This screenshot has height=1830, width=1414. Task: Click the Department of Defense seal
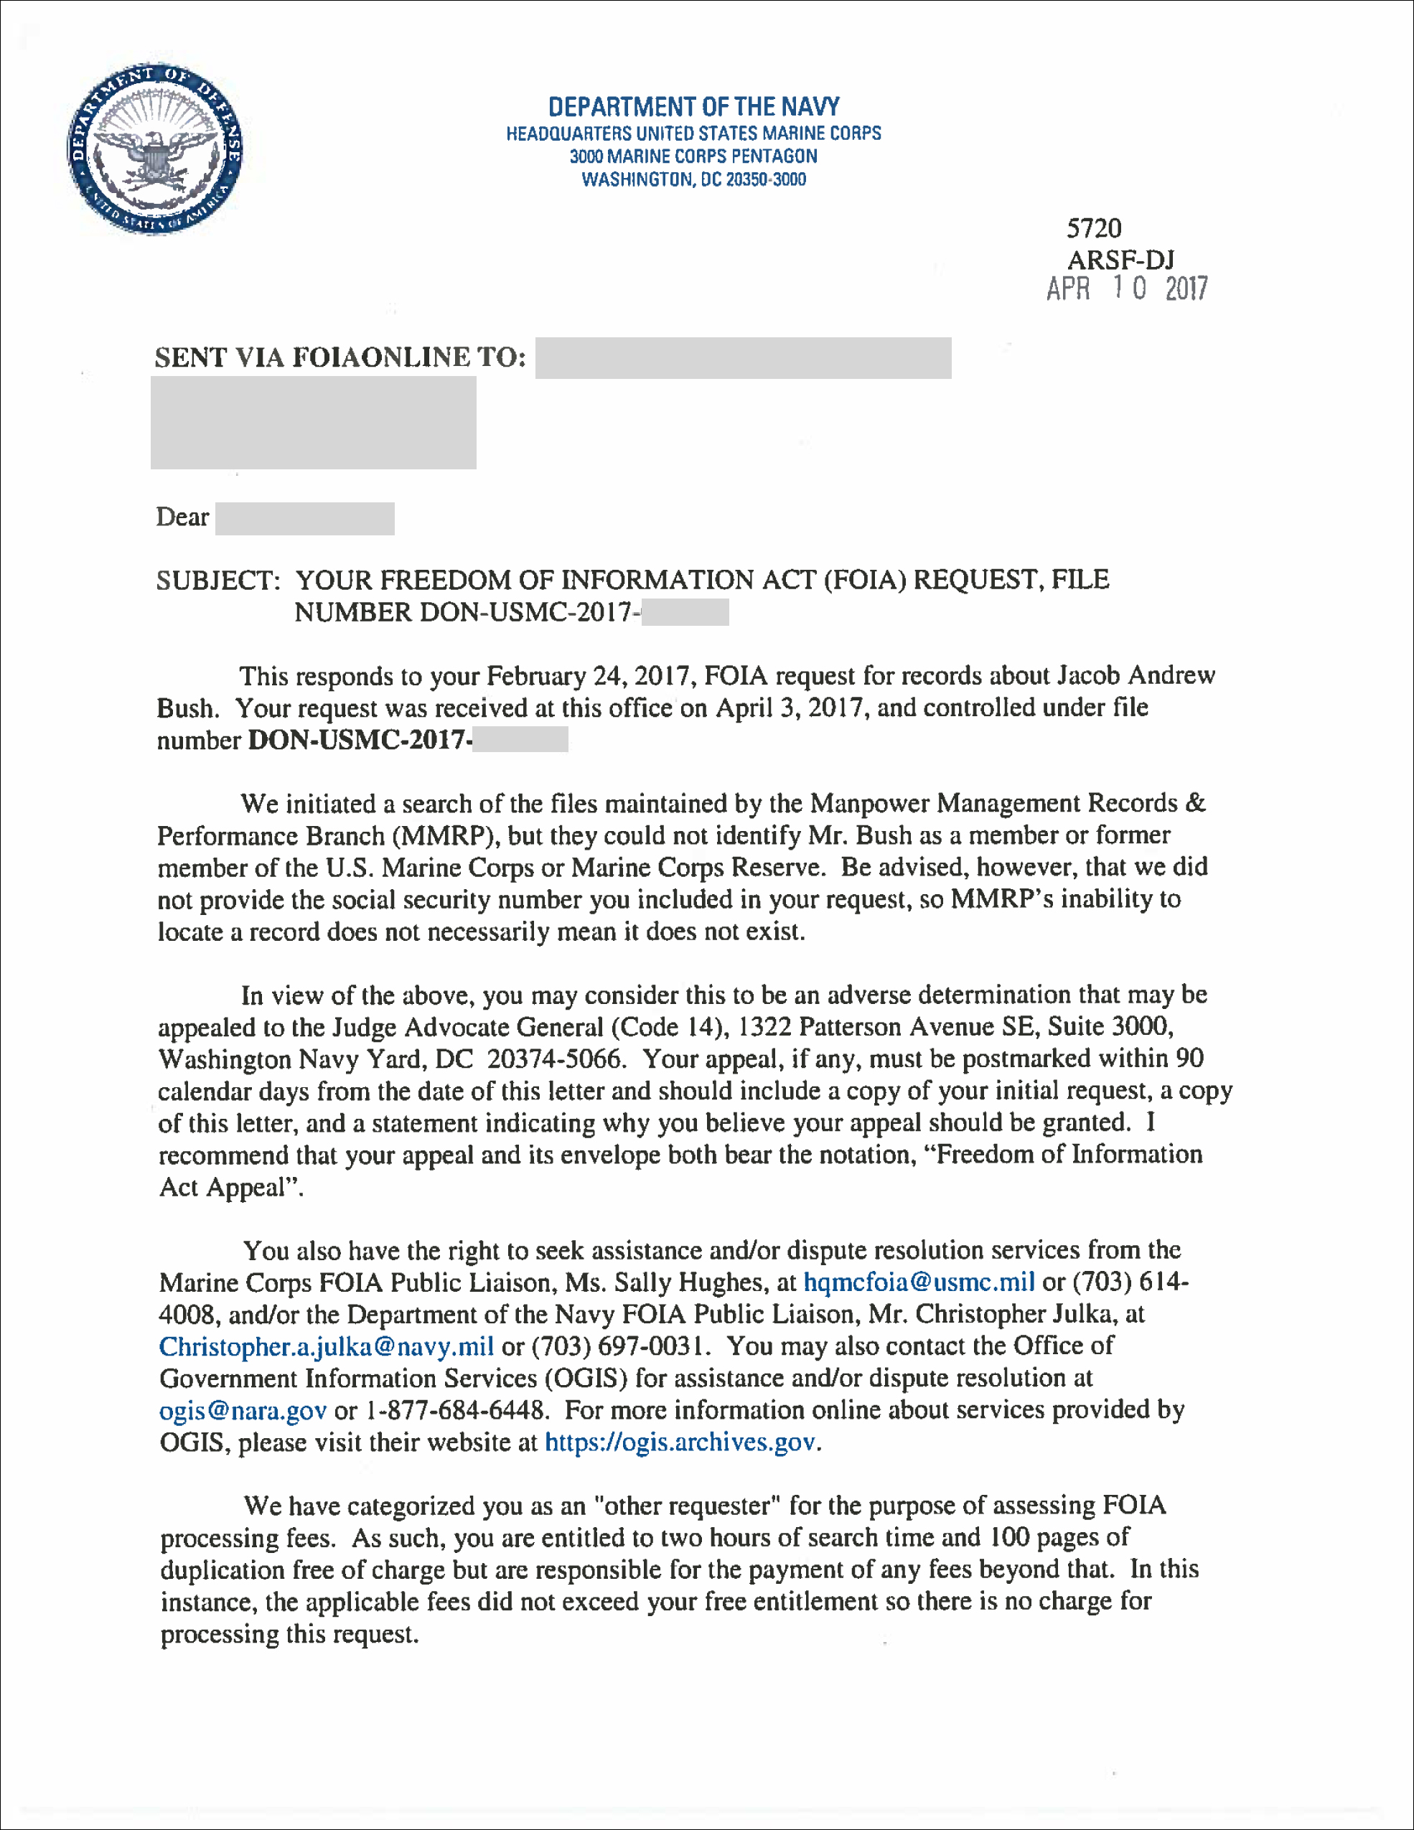(x=155, y=149)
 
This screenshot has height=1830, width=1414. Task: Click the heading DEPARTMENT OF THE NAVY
(x=693, y=106)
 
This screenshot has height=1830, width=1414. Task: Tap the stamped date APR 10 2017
(x=1126, y=289)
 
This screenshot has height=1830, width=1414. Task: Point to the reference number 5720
(x=1094, y=228)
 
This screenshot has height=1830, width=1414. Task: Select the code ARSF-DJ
(x=1120, y=259)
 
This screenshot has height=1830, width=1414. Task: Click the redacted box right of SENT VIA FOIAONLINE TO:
(x=743, y=358)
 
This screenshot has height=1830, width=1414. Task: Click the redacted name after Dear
(x=304, y=519)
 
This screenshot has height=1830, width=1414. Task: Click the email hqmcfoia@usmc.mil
(x=919, y=1282)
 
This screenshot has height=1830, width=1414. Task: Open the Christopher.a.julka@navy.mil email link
(x=326, y=1346)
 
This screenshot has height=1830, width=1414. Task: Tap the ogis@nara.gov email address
(x=242, y=1410)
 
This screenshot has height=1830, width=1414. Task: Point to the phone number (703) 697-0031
(x=619, y=1346)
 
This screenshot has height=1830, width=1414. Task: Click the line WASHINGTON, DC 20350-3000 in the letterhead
(x=693, y=179)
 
